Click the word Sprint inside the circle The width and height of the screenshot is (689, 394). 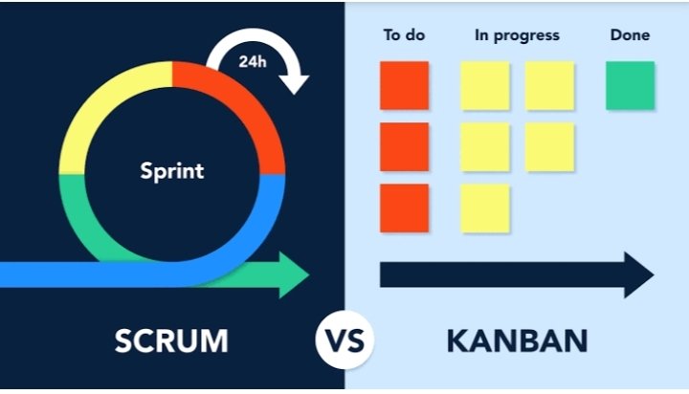[172, 171]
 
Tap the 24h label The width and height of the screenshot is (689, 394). [253, 61]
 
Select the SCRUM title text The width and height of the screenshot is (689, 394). [171, 340]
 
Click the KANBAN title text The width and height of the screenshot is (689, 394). [517, 340]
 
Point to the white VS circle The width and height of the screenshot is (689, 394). [344, 340]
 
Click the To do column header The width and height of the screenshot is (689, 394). [404, 35]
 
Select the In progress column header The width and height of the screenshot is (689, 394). [517, 36]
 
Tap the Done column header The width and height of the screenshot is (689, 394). [630, 35]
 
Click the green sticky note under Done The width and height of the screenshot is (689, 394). [630, 85]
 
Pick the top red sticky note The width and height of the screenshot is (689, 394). [404, 85]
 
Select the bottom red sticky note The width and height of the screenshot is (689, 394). [404, 208]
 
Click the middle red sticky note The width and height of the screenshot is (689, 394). [404, 146]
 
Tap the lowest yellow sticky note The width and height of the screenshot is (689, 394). [485, 208]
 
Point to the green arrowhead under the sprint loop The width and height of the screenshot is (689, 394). [295, 275]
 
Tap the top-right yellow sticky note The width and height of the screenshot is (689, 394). [549, 85]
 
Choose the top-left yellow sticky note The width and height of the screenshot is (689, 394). [485, 85]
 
